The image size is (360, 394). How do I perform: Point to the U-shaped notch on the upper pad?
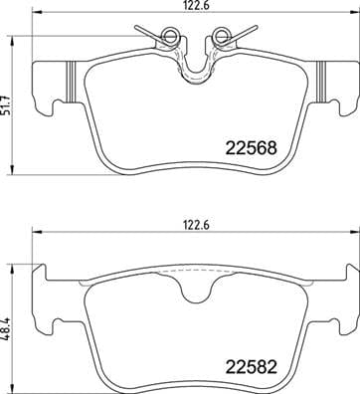click(194, 65)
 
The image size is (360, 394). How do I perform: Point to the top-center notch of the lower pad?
click(194, 283)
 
